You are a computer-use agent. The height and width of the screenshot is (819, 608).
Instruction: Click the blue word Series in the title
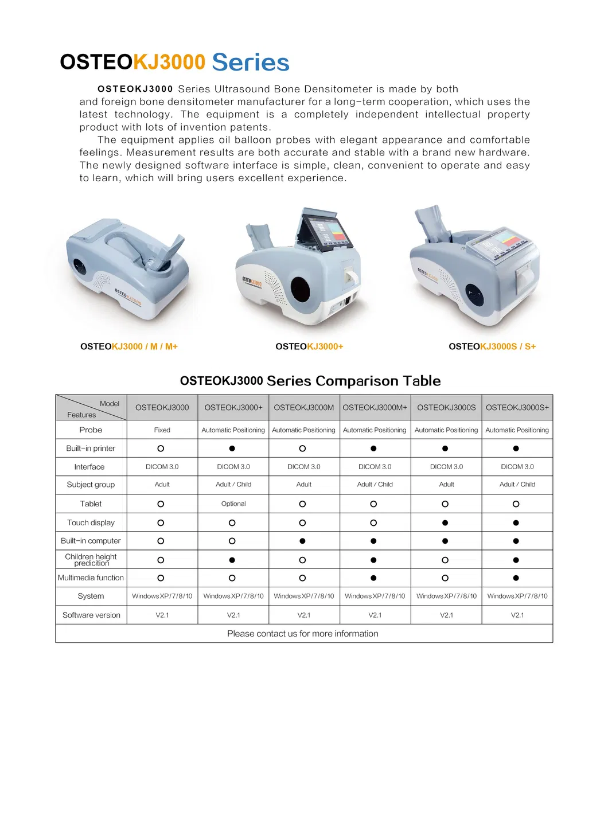(x=250, y=62)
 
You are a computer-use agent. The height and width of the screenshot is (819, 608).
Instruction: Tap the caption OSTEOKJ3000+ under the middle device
(x=309, y=346)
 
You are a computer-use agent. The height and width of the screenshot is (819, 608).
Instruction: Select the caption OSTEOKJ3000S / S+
(x=492, y=346)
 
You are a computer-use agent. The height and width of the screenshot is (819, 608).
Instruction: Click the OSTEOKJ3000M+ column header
(x=375, y=407)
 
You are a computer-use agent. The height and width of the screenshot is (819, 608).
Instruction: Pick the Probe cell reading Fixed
(x=162, y=430)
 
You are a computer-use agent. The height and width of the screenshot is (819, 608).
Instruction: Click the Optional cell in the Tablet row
(x=233, y=504)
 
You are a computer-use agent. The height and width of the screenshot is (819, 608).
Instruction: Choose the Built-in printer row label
(x=91, y=448)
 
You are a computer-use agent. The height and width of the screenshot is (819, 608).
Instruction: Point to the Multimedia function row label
(x=91, y=578)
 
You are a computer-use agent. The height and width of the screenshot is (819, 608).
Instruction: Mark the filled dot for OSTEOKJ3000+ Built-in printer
(x=232, y=448)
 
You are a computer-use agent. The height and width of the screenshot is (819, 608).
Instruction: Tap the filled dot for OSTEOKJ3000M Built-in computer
(x=302, y=541)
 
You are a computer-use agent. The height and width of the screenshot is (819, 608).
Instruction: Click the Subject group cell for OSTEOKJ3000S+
(x=517, y=485)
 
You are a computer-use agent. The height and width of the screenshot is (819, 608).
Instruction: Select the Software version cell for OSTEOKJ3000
(x=162, y=615)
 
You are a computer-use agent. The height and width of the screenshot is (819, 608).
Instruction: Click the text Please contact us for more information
(x=302, y=634)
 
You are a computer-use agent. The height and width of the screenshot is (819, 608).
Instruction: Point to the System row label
(x=91, y=596)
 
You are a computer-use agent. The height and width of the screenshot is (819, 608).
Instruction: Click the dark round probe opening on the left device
(x=79, y=266)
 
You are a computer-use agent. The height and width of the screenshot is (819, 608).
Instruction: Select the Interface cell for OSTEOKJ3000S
(x=446, y=467)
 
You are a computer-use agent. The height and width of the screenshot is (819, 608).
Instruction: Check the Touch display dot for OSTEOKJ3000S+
(x=516, y=522)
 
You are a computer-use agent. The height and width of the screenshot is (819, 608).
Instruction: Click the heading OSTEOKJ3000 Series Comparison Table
(x=310, y=381)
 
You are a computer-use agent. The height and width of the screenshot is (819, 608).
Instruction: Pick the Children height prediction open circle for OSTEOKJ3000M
(x=302, y=560)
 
